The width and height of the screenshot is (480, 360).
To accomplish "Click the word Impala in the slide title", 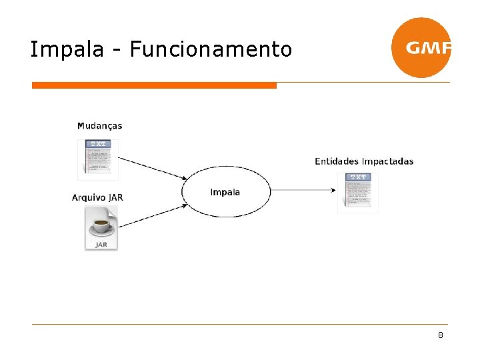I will (x=68, y=49).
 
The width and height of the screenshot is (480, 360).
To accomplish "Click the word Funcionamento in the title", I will (x=211, y=49).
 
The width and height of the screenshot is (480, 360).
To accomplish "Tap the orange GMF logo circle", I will (x=421, y=48).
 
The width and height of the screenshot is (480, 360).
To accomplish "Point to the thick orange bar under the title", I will (x=154, y=85).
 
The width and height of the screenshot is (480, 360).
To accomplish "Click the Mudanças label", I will (x=99, y=125).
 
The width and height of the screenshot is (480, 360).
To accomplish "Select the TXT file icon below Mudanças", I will (x=98, y=159).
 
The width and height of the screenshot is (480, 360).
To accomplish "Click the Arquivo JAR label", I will (x=97, y=197).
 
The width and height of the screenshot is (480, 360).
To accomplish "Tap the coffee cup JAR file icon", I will (x=101, y=228).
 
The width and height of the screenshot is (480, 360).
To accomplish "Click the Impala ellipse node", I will (x=226, y=192).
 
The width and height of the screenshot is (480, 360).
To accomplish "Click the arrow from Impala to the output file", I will (x=303, y=191).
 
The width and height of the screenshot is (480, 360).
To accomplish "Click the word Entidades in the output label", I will (x=336, y=161).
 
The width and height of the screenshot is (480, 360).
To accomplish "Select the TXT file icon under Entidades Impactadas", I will (x=358, y=193).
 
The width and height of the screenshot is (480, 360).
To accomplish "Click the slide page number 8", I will (x=441, y=335).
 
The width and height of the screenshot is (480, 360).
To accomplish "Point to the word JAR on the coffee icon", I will (x=101, y=245).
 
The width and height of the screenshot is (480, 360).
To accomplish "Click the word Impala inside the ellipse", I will (x=225, y=192).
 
